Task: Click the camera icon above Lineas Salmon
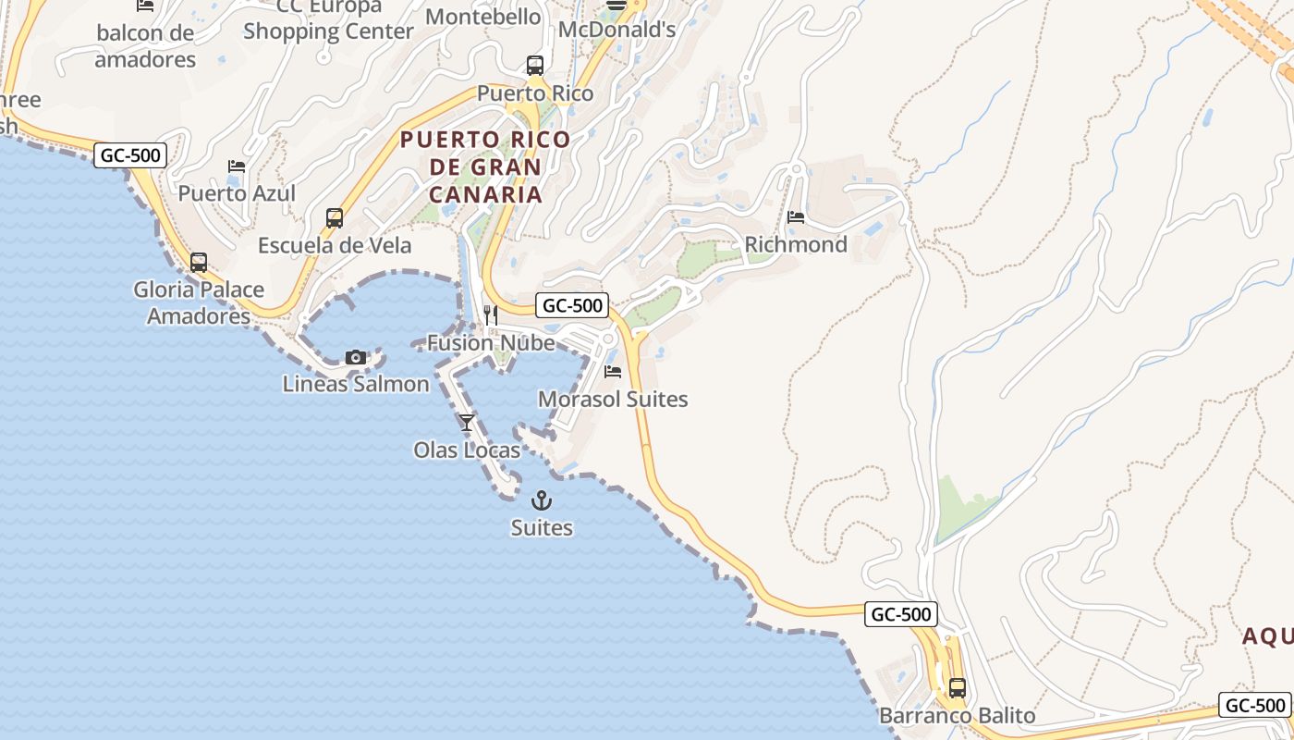356,357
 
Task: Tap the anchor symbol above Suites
542,500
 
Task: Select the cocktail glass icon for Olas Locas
467,423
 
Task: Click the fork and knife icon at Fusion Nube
491,315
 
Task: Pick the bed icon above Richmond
796,217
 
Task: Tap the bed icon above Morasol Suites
613,372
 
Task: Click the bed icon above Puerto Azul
237,166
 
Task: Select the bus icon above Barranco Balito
958,688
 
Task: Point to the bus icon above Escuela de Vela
335,218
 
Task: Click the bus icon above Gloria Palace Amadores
199,262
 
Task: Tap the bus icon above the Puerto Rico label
535,66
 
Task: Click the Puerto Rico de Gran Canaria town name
485,167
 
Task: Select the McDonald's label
616,30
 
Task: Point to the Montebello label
483,17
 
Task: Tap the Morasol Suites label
613,400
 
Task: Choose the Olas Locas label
467,450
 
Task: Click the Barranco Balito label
958,716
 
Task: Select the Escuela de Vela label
335,246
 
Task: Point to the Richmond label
796,245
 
